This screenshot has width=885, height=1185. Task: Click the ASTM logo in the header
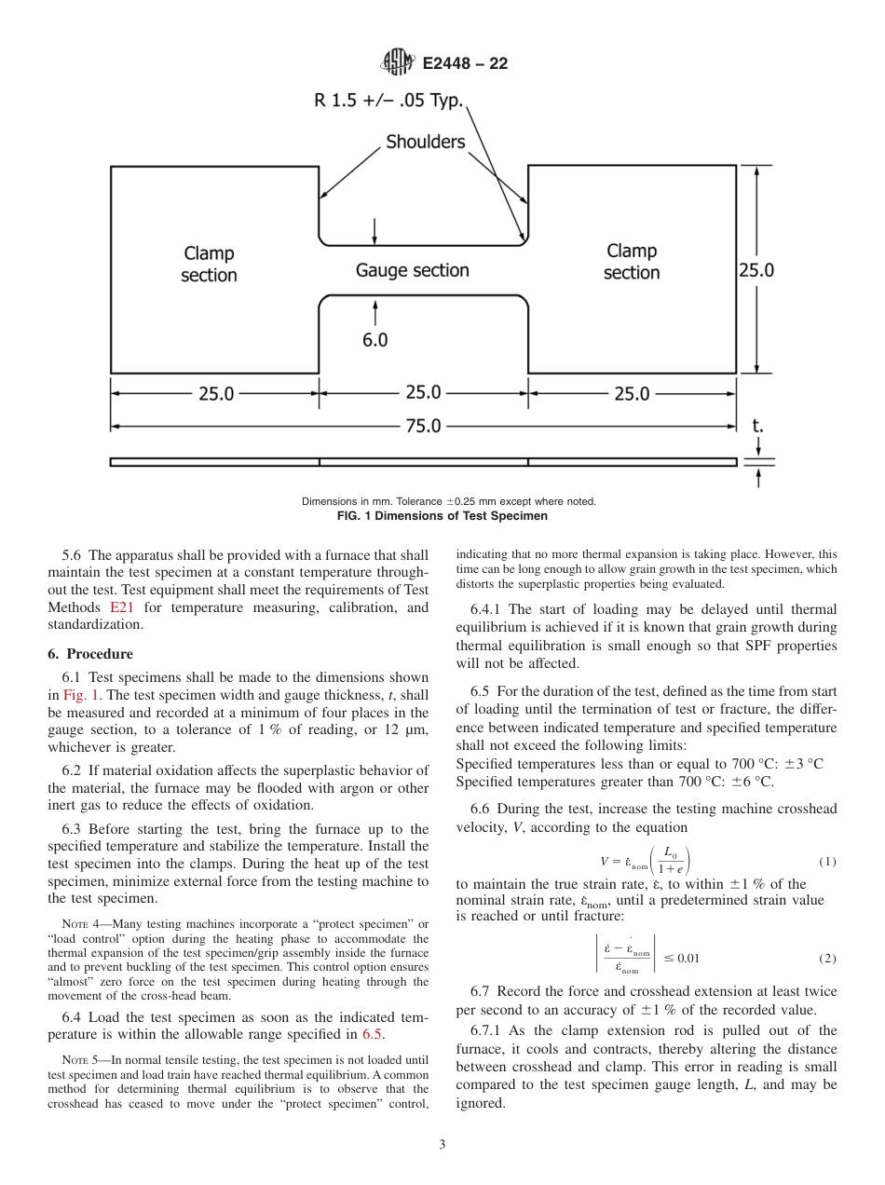pos(398,63)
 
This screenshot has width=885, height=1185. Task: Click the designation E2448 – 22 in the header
pos(465,64)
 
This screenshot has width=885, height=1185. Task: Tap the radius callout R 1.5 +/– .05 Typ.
pos(388,101)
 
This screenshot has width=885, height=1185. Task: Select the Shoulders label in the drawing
pos(426,142)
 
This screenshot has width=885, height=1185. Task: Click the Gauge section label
pos(412,270)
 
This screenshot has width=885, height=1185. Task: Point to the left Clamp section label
pos(209,264)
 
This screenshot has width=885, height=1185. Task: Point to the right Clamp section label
pos(632,262)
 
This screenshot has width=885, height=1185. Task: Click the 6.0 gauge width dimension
pos(374,340)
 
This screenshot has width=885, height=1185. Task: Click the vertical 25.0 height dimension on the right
pos(756,270)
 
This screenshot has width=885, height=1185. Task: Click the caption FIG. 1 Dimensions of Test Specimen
pos(448,515)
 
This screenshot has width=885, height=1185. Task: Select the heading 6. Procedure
pos(90,653)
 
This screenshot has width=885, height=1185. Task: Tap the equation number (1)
pos(826,862)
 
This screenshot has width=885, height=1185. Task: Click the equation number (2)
pos(826,958)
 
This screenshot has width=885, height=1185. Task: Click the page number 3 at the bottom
pos(442,1144)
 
